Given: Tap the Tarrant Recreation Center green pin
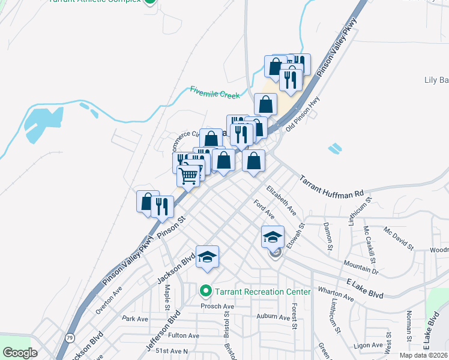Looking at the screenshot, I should (x=206, y=292).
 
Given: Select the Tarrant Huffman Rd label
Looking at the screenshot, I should (x=331, y=187).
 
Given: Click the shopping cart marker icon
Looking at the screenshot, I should (x=188, y=176).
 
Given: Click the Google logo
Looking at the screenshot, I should (x=20, y=353).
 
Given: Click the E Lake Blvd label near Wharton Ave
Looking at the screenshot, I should (x=365, y=287).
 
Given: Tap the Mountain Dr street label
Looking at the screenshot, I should (x=361, y=266).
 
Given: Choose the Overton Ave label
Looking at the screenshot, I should (x=108, y=296).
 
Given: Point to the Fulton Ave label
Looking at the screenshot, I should (x=183, y=335).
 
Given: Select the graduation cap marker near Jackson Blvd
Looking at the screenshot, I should (x=207, y=257).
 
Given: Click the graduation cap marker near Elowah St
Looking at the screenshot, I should (x=273, y=236).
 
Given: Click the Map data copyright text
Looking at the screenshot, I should (x=423, y=355).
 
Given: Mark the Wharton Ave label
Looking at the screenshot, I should (x=336, y=294).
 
